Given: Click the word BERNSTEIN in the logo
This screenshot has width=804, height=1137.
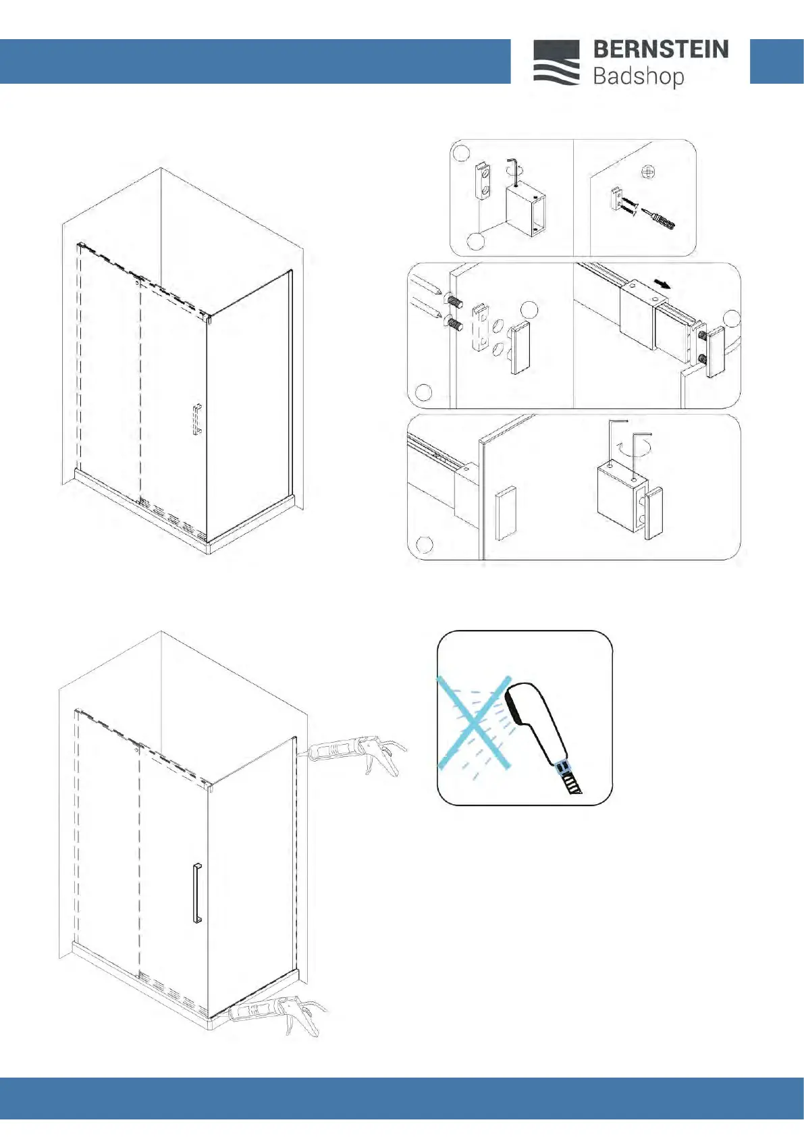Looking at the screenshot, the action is (661, 50).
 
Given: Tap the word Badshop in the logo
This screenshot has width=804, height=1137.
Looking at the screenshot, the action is (639, 77).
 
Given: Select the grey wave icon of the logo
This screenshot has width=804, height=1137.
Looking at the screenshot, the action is (556, 62).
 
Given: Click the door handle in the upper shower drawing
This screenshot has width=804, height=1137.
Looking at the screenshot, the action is (197, 419).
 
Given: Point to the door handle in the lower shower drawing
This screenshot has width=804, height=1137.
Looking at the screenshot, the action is (197, 893).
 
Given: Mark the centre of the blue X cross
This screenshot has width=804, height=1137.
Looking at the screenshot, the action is (475, 722).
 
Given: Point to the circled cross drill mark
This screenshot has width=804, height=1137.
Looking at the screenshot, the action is (648, 173).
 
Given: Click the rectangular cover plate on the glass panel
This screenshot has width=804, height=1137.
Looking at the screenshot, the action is (506, 514).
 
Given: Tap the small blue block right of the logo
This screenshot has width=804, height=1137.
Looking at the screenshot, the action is (776, 61).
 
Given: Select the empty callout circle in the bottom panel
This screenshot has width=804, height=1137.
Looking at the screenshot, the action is (425, 544).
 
